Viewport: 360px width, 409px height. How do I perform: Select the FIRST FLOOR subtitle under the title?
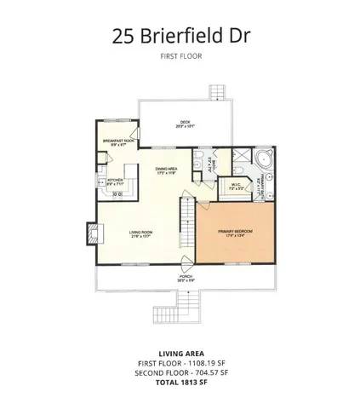(x=180, y=58)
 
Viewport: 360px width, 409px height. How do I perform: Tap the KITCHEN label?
(x=115, y=180)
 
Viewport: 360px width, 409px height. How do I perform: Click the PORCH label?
(x=186, y=277)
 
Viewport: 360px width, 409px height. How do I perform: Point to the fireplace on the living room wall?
(x=91, y=232)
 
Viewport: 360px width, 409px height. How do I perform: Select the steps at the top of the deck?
(x=220, y=92)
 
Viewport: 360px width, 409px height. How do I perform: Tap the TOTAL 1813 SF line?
(x=180, y=381)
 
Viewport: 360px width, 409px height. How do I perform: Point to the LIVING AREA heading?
(x=180, y=354)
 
